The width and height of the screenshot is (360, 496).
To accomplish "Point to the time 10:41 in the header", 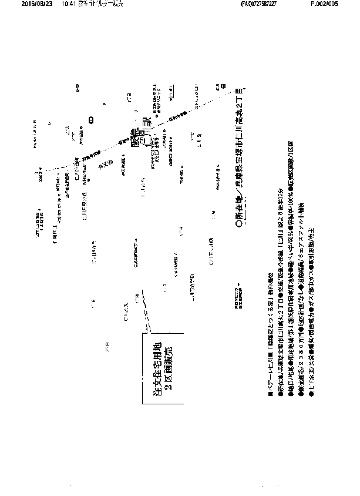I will point(60,4).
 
